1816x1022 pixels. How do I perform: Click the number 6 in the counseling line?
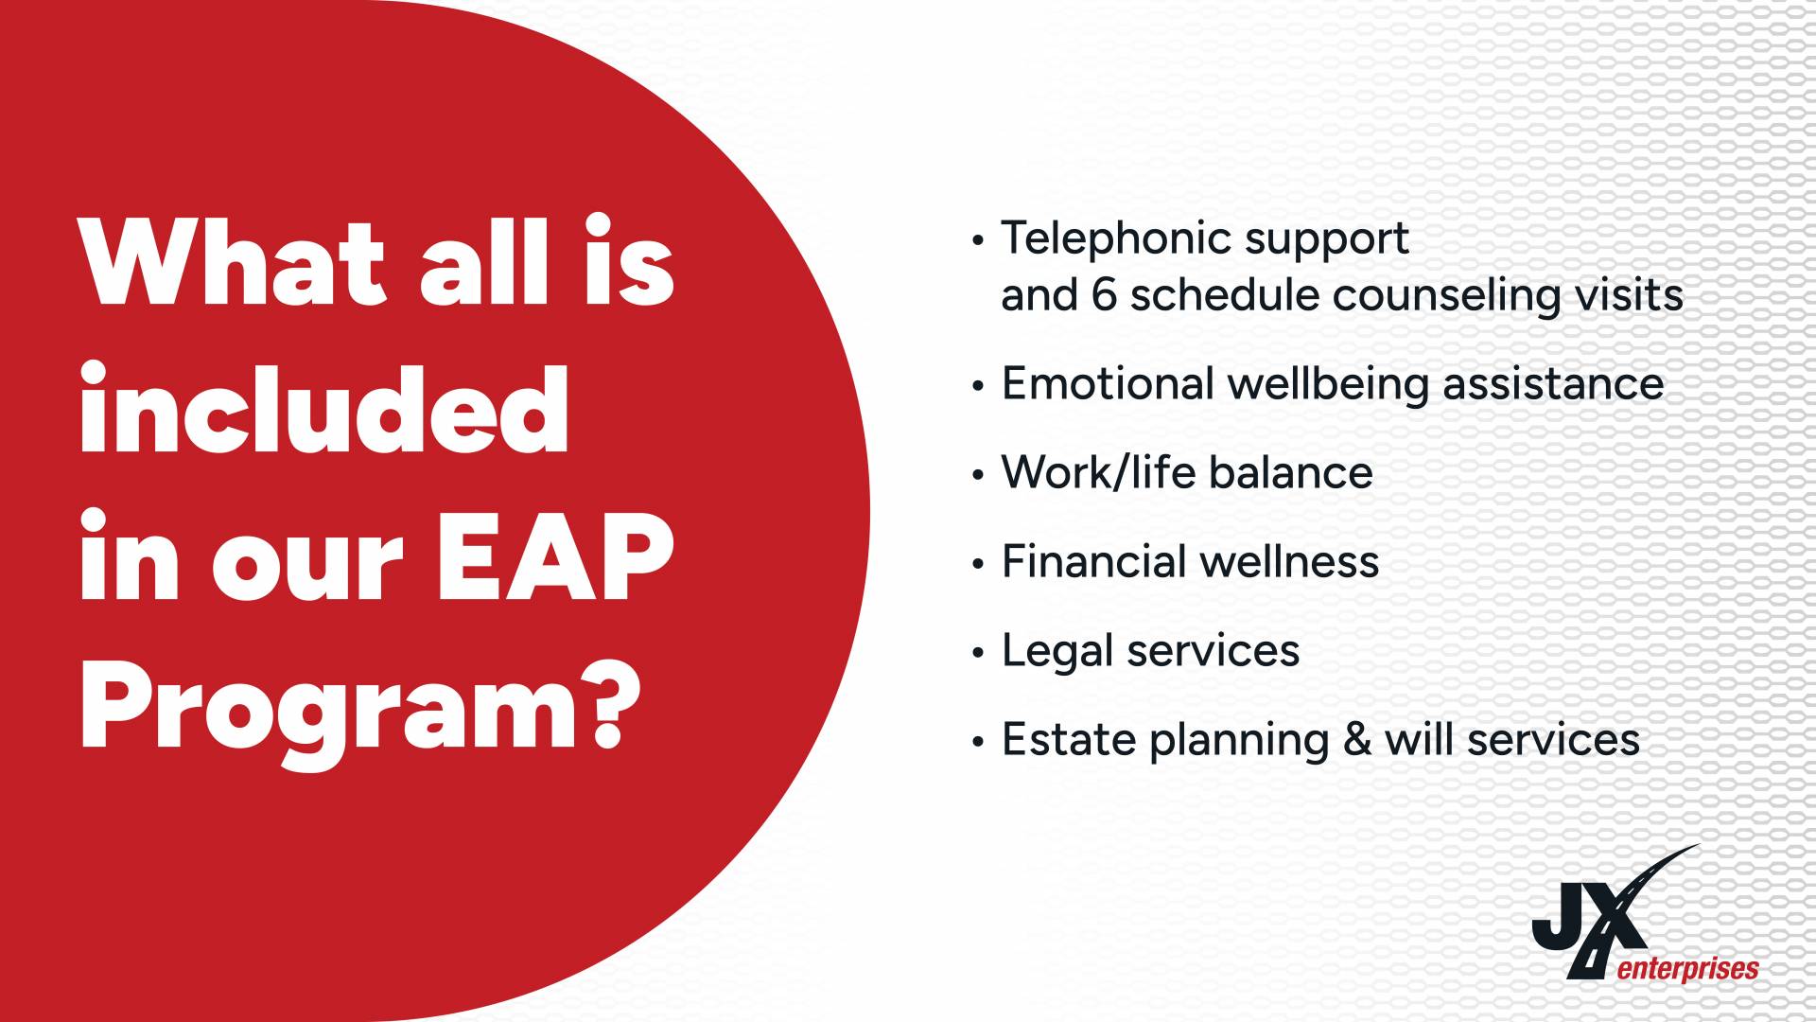(x=1103, y=295)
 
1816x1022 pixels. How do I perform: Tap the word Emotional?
(x=1107, y=383)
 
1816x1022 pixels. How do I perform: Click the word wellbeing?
(x=1327, y=386)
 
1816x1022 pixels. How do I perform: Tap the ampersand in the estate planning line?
(x=1357, y=739)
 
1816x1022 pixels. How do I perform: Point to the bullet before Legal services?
(x=978, y=653)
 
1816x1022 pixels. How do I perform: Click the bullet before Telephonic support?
(x=978, y=240)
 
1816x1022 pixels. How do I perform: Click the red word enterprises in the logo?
(x=1688, y=969)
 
